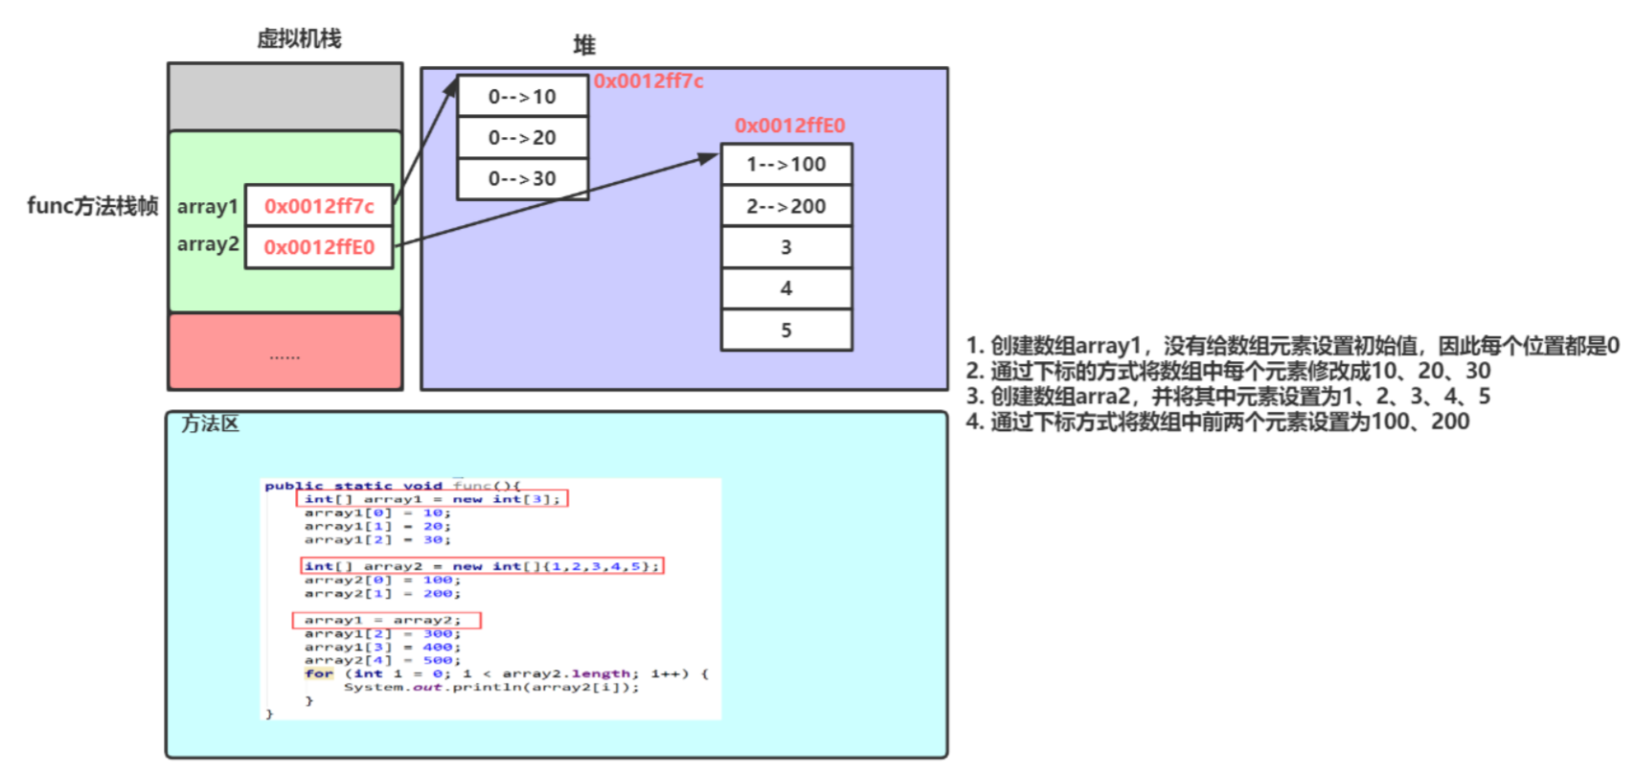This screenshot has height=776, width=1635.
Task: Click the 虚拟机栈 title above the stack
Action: tap(299, 39)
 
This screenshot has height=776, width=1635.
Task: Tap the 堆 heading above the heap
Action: tap(584, 45)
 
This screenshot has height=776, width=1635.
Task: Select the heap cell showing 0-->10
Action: tap(522, 97)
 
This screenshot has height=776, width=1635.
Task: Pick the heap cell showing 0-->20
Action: tap(522, 138)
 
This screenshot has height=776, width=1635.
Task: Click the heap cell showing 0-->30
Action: tap(522, 179)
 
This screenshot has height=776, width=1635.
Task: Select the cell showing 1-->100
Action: tap(786, 165)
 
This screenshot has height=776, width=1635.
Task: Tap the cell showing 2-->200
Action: tap(786, 206)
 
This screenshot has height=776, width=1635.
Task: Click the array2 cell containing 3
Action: tap(786, 247)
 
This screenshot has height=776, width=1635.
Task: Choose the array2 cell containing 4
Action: tap(786, 288)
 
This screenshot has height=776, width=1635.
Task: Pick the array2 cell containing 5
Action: tap(786, 331)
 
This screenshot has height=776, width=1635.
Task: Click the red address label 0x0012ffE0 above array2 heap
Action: tap(789, 126)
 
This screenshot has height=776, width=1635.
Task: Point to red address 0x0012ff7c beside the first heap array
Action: tap(648, 81)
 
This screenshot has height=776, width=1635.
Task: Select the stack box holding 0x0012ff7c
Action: tap(319, 206)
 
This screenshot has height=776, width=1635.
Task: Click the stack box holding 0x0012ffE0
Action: tap(319, 247)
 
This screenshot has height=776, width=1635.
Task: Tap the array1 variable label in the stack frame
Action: tap(207, 206)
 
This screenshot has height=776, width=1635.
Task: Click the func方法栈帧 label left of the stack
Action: tap(92, 206)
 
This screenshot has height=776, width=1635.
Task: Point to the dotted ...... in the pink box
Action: tap(284, 355)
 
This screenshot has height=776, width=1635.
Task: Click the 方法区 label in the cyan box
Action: tap(210, 423)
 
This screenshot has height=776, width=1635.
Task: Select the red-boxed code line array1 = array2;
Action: tap(386, 621)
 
